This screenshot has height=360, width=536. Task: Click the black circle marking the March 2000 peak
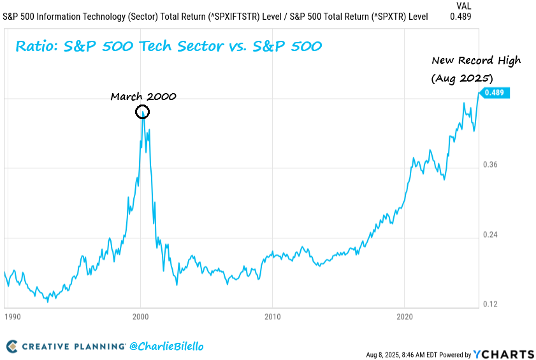pyautogui.click(x=143, y=113)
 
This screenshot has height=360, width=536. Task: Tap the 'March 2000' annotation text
pyautogui.click(x=143, y=96)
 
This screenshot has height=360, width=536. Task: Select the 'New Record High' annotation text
pyautogui.click(x=476, y=61)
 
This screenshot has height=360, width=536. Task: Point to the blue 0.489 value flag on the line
pyautogui.click(x=494, y=93)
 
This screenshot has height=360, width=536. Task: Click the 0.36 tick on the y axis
pyautogui.click(x=489, y=165)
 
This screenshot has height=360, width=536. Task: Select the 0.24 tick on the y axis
pyautogui.click(x=489, y=235)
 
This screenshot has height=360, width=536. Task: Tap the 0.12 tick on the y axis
pyautogui.click(x=489, y=305)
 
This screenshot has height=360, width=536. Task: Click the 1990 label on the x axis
pyautogui.click(x=12, y=317)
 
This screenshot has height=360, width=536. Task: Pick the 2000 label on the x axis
pyautogui.click(x=140, y=317)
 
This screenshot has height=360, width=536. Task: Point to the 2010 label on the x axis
pyautogui.click(x=272, y=317)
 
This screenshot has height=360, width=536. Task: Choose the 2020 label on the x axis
pyautogui.click(x=405, y=317)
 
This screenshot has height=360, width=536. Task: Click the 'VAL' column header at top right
pyautogui.click(x=463, y=5)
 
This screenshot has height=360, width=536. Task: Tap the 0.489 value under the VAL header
pyautogui.click(x=460, y=16)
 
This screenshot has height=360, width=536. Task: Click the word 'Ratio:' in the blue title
pyautogui.click(x=34, y=47)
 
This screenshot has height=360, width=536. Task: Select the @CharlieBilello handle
pyautogui.click(x=166, y=347)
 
